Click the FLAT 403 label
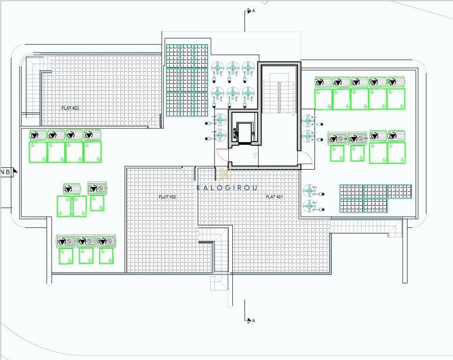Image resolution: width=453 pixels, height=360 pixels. (70, 108)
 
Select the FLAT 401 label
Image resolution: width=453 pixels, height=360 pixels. (274, 197)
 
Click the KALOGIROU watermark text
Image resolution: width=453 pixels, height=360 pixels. (227, 188)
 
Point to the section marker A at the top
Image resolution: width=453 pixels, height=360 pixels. (251, 11)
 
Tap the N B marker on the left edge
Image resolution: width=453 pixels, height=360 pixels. (5, 172)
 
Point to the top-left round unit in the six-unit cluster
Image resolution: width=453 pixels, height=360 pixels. (219, 68)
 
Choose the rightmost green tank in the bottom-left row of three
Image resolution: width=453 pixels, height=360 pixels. (105, 250)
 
